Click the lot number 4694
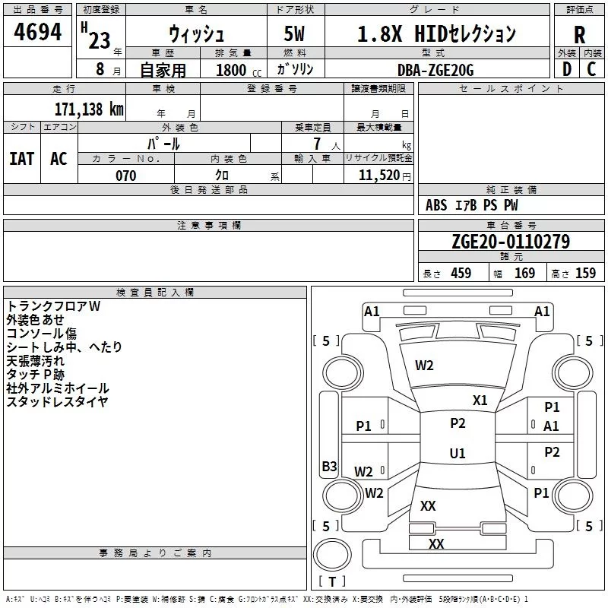click(37, 32)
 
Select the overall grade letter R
click(579, 35)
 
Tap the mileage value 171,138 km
click(89, 109)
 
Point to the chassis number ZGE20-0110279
click(511, 241)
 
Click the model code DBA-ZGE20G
click(435, 70)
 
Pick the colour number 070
click(125, 176)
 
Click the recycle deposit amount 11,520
click(378, 176)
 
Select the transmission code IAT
click(22, 159)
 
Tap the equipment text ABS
click(436, 205)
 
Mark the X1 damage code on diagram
click(480, 401)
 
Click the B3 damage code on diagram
click(330, 466)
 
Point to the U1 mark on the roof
click(458, 453)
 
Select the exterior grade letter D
click(567, 69)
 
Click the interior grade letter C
click(591, 69)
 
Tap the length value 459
click(461, 274)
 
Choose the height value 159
click(585, 274)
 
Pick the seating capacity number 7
click(317, 144)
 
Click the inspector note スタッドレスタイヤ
click(58, 402)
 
